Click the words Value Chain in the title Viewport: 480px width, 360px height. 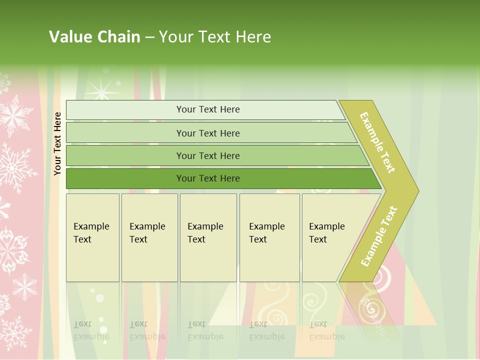[94, 36]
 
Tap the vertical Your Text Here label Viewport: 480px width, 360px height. [57, 143]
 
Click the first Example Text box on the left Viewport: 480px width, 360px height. [92, 237]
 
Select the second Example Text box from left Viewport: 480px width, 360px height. [149, 237]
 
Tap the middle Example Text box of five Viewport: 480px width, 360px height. [208, 237]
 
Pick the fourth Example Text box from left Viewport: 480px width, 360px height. [269, 237]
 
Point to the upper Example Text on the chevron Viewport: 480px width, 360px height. [377, 142]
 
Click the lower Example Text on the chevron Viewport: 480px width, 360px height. [379, 236]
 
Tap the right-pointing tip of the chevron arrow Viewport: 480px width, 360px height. [415, 190]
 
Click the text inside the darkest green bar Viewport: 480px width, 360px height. [208, 178]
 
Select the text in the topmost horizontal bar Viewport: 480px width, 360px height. [208, 109]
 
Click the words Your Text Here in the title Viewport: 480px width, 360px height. [215, 36]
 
